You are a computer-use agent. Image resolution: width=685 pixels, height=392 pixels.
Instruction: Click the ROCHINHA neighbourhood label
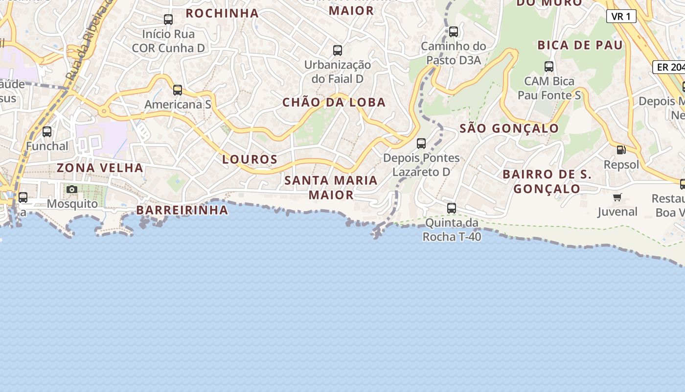coord(222,13)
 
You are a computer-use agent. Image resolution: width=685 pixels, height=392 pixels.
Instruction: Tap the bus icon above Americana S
coord(178,90)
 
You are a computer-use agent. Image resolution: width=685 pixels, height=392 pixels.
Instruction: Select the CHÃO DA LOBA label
coord(334,102)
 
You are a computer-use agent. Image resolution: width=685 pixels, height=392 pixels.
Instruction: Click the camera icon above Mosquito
coord(72,190)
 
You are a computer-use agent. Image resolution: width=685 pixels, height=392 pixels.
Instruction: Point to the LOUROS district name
coord(250,159)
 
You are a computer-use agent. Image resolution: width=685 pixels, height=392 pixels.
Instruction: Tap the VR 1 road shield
coord(621,16)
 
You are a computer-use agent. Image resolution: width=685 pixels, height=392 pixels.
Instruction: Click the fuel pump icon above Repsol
coord(621,150)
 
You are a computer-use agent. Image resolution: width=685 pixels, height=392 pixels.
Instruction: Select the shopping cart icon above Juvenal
coord(617,197)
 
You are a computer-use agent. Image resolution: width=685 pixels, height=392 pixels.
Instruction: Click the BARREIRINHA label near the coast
coord(182,210)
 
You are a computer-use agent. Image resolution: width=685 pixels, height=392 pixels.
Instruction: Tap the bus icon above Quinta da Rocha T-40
coord(452,208)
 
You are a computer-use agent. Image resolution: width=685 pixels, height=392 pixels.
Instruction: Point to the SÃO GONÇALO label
coord(509,128)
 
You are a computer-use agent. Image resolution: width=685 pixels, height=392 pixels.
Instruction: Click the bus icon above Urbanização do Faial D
coord(338,50)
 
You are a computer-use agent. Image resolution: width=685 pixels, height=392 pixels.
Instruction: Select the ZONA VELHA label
coord(100,168)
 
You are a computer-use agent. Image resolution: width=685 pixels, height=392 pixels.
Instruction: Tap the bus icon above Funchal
coord(47,132)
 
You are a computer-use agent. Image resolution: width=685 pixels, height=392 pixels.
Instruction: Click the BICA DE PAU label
coord(580,46)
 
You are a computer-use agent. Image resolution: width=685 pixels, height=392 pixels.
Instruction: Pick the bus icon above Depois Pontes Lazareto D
coord(421,144)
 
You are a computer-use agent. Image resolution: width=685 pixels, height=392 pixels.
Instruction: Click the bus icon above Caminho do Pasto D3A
coord(454,32)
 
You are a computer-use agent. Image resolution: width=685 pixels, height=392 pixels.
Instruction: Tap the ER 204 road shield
coord(669,67)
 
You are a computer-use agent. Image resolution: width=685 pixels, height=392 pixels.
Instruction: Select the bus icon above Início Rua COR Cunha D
coord(168,20)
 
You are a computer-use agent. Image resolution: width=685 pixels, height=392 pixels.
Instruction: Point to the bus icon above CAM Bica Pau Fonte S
coord(549,67)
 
